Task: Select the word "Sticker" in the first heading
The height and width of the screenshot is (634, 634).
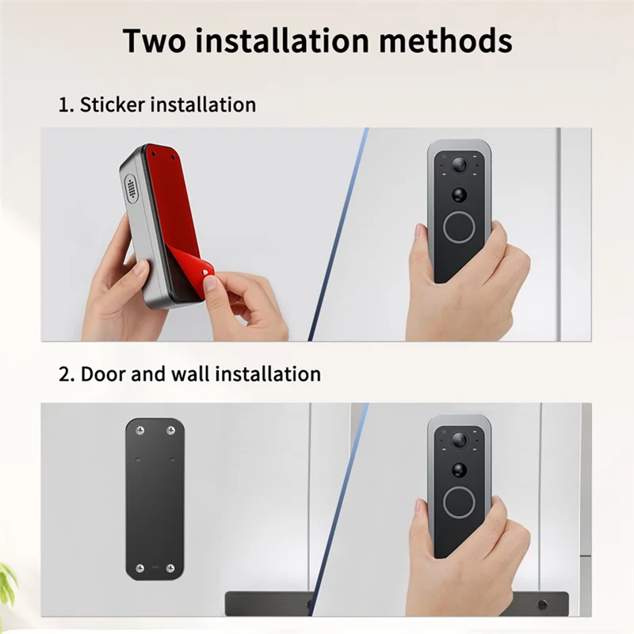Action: click(112, 105)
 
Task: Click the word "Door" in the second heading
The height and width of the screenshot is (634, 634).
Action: click(106, 374)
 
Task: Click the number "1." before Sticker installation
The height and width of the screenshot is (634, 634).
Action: click(66, 105)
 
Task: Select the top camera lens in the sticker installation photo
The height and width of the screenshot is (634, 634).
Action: click(459, 165)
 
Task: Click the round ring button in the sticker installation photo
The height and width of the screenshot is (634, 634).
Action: click(459, 227)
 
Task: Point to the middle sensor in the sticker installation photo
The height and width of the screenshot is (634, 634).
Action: click(459, 194)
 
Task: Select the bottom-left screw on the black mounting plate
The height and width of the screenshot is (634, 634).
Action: click(140, 567)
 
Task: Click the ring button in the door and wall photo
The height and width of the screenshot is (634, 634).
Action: click(459, 502)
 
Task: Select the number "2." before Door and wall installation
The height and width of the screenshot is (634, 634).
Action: click(67, 374)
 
